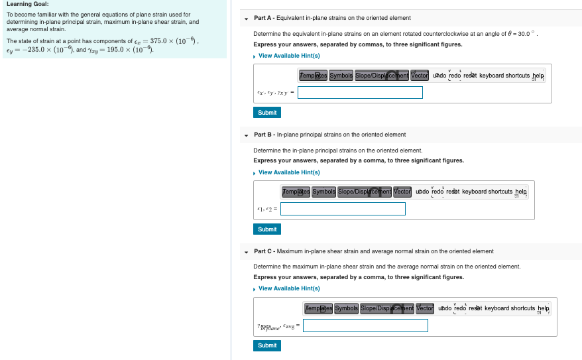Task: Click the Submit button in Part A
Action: [x=267, y=113]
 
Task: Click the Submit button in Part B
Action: [x=267, y=229]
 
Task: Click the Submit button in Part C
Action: [x=267, y=345]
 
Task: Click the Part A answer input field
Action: [x=360, y=92]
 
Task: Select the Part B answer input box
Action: [x=343, y=209]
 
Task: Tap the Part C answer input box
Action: [x=365, y=326]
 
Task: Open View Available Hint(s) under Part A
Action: [x=289, y=56]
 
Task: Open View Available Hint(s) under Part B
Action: [x=289, y=172]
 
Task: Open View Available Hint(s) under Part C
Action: [x=289, y=288]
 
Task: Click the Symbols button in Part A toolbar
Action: [x=341, y=76]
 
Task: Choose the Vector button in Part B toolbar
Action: [x=402, y=192]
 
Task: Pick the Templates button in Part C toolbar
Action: [x=318, y=308]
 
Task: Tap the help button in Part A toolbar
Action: [x=538, y=76]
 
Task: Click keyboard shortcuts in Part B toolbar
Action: [x=488, y=192]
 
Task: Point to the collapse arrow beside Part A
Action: [x=247, y=18]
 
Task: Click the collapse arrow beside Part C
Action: [x=247, y=251]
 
